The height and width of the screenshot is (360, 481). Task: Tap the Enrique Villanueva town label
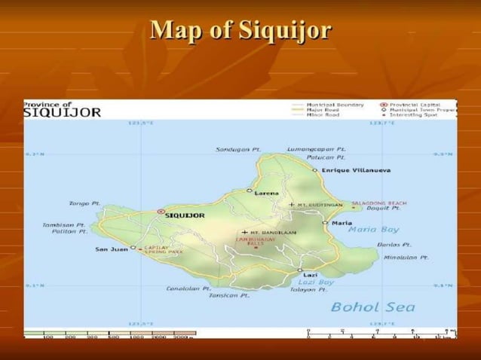[x=356, y=171]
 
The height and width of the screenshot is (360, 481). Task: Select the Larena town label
[x=267, y=193]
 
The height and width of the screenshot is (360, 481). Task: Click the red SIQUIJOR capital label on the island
[x=185, y=215]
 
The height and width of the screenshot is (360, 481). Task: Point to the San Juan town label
[x=111, y=248]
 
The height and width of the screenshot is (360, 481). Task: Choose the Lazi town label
[x=311, y=276]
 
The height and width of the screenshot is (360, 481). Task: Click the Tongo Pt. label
[x=84, y=203]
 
